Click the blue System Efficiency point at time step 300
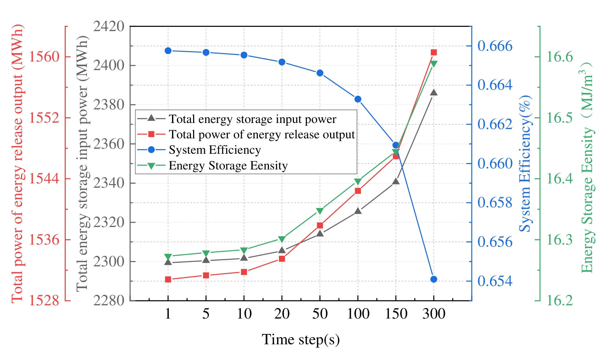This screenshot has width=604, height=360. tap(434, 279)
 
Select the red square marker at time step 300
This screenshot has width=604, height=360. tap(434, 53)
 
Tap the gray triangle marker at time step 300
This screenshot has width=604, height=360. tap(434, 93)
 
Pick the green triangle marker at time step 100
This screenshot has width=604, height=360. tap(358, 182)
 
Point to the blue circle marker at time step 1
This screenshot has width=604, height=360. tap(168, 51)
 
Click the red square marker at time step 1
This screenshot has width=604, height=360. tap(168, 280)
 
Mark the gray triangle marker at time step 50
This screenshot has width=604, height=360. tap(320, 233)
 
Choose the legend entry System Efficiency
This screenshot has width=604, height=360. tap(215, 150)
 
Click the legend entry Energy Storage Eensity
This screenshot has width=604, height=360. tap(228, 166)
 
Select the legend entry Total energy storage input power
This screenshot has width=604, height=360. tap(252, 119)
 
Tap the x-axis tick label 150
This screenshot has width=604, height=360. tap(396, 314)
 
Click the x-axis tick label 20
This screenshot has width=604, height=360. tap(282, 314)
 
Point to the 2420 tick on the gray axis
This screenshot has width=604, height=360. tap(109, 26)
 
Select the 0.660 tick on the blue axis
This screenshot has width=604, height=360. tap(495, 164)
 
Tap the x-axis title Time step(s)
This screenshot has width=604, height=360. tap(301, 339)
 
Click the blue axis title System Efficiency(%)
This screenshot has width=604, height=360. tap(525, 164)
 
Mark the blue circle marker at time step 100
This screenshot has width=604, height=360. tap(358, 99)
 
